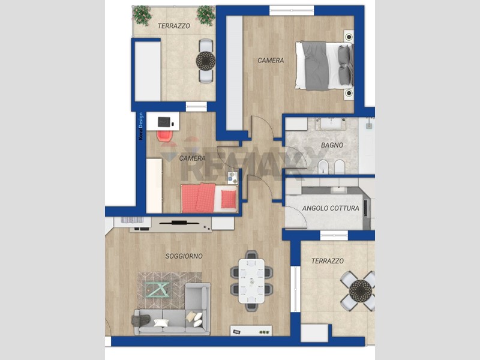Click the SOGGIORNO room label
tap(184, 256)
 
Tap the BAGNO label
tap(332, 145)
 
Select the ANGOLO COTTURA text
tap(331, 208)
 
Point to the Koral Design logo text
tap(141, 126)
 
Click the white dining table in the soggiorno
tap(251, 281)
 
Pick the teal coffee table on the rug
tap(157, 290)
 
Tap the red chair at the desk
tap(166, 136)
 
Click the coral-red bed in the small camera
tap(209, 198)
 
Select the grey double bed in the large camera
tap(325, 66)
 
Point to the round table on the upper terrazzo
tap(206, 61)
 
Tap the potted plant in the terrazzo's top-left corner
tap(142, 15)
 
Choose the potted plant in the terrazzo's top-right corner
tap(206, 15)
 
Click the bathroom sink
tap(331, 124)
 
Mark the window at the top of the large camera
tap(292, 10)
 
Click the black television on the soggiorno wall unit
tap(179, 223)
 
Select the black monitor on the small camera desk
tap(164, 122)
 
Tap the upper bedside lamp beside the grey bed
tap(349, 37)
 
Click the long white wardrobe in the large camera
tap(235, 73)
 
